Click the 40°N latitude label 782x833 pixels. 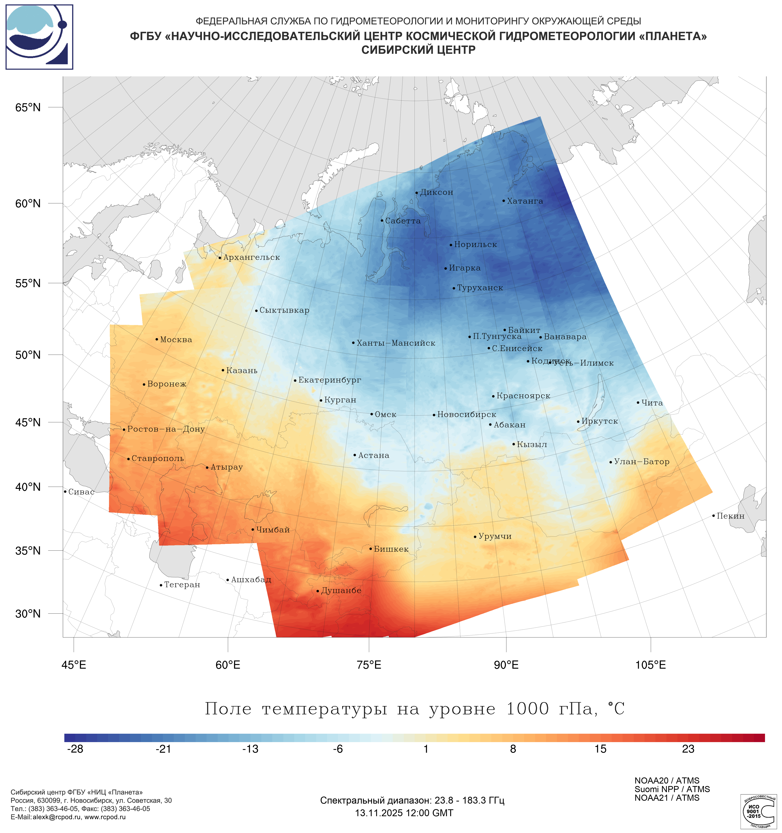point(28,487)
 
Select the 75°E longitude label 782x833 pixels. point(369,665)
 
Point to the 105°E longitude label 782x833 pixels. point(650,665)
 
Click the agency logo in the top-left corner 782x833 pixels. point(39,37)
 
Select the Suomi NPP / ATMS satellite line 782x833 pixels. point(672,789)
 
